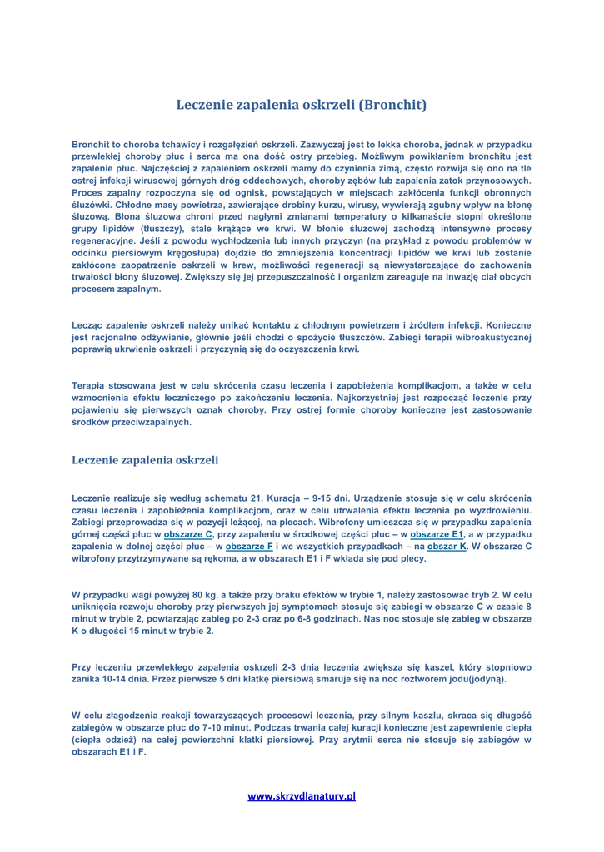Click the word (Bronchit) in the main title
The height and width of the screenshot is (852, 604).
pos(392,106)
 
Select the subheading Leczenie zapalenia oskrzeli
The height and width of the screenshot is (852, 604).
pos(146,458)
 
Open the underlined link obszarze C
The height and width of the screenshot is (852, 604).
pos(188,533)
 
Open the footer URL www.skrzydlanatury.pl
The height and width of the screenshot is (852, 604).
pos(302,796)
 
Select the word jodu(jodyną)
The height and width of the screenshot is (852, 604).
pos(473,679)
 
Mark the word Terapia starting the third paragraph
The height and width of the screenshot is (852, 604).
pos(92,385)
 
